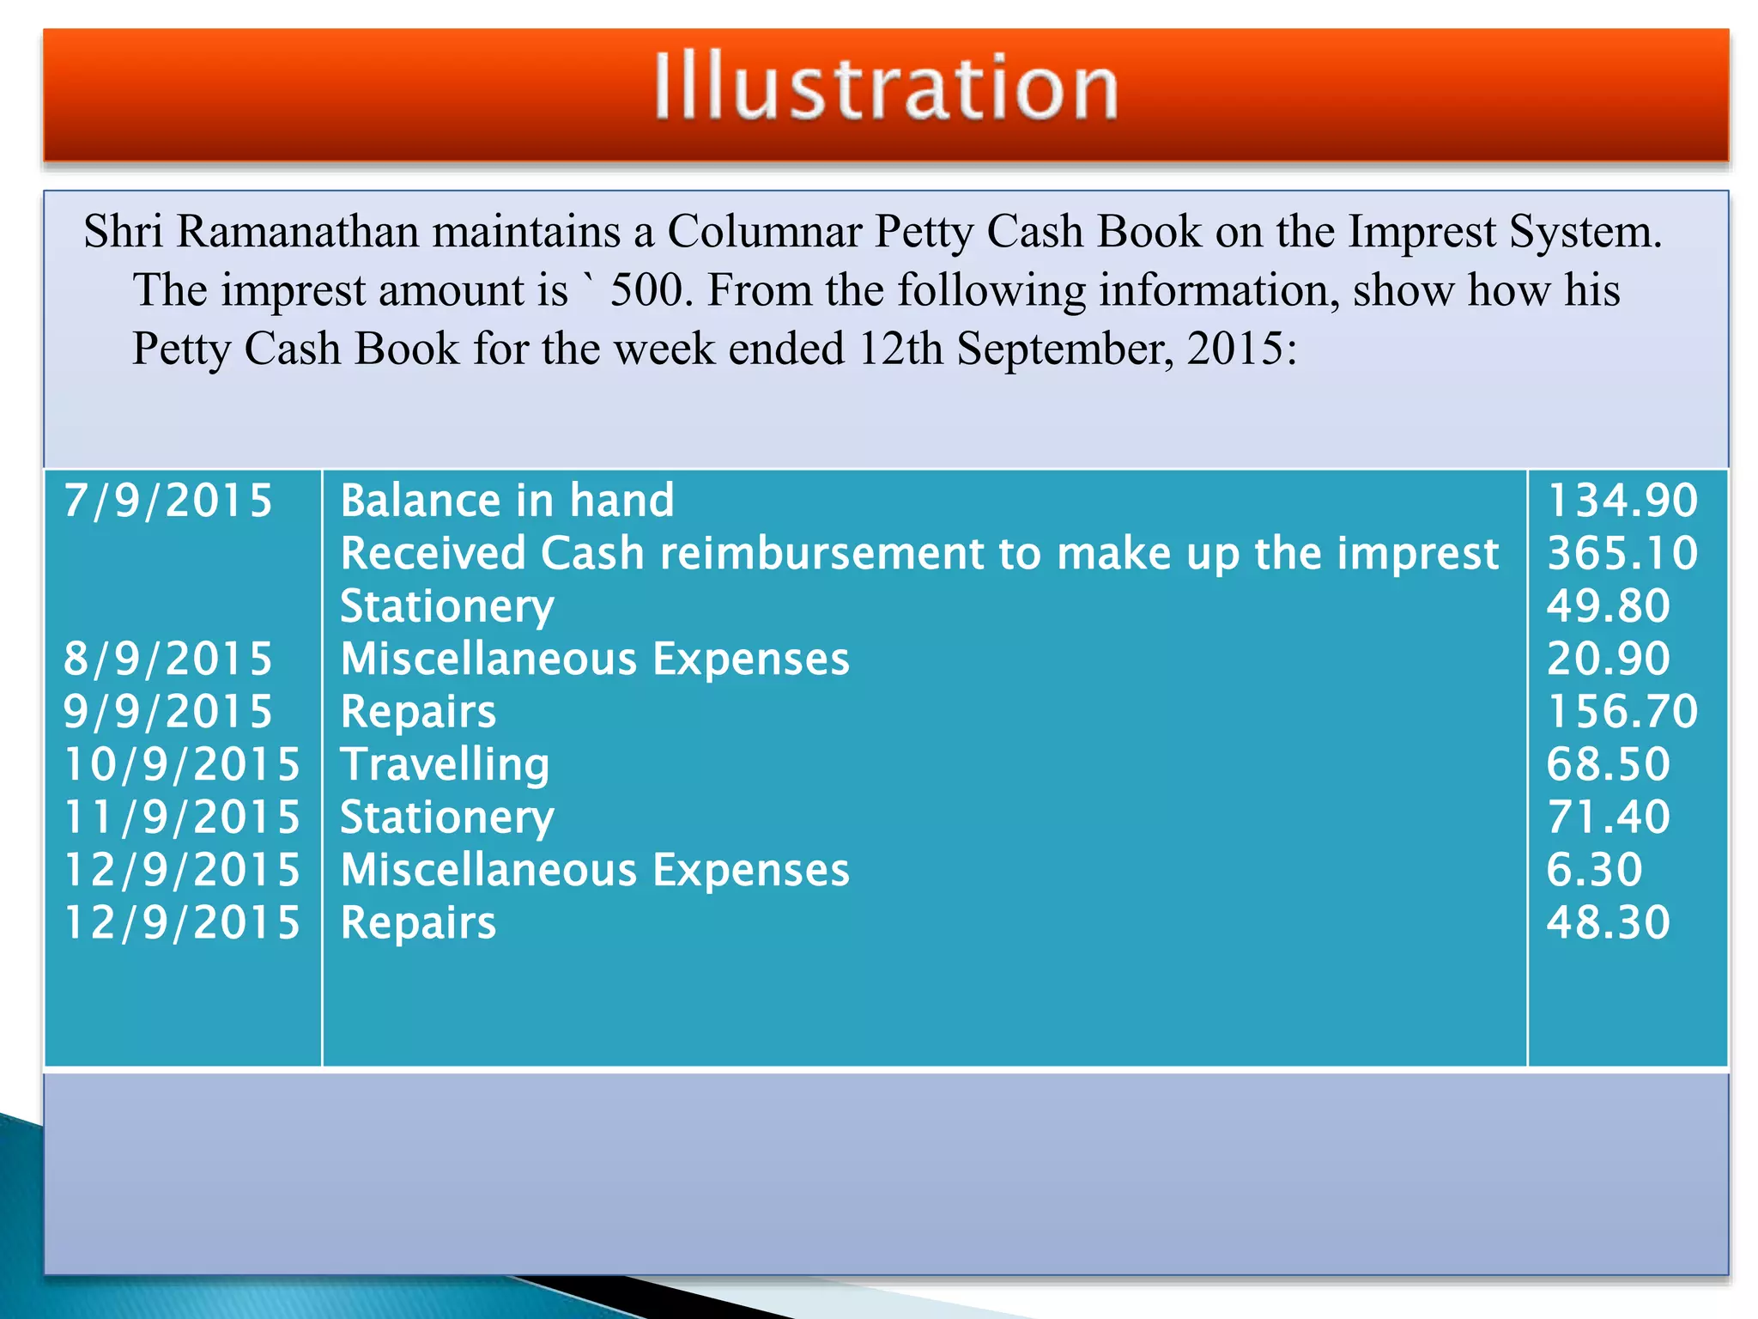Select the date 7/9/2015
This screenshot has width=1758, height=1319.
coord(168,501)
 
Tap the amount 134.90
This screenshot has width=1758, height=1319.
coord(1622,501)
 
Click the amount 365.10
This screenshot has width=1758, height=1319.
coord(1622,553)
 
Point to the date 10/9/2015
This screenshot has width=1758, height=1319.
coord(182,764)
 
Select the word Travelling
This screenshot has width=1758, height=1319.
coord(445,764)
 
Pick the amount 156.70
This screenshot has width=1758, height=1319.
coord(1622,712)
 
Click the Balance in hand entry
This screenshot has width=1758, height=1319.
coord(507,501)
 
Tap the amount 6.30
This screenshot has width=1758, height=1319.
coord(1594,870)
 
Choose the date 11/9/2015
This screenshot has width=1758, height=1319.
coord(182,817)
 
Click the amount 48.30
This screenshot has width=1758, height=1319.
coord(1608,922)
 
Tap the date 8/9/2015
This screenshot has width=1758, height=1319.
coord(168,659)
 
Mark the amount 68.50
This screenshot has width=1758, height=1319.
coord(1608,764)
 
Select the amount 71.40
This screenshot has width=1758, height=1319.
coord(1608,817)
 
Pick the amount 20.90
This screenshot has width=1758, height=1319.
coord(1608,659)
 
